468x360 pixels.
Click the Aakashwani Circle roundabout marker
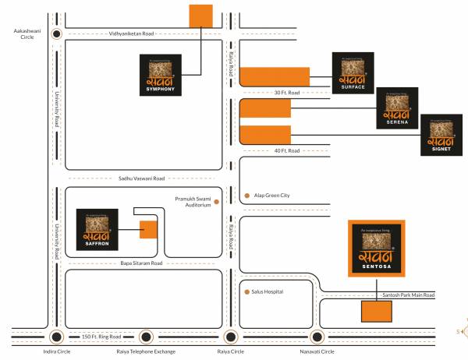click(x=56, y=34)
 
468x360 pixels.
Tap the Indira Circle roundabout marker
click(x=56, y=337)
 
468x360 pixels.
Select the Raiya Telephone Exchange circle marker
click(x=145, y=337)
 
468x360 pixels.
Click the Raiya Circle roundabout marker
click(x=230, y=337)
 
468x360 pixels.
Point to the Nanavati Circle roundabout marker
click(x=316, y=337)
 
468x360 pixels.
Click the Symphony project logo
click(x=161, y=76)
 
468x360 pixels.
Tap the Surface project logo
click(x=353, y=72)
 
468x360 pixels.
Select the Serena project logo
click(x=397, y=109)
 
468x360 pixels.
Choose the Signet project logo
click(x=441, y=135)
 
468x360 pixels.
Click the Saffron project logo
click(x=97, y=230)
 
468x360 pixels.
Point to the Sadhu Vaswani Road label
click(x=141, y=178)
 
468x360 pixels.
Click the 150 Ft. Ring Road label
click(x=105, y=337)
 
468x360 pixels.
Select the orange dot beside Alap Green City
click(x=246, y=195)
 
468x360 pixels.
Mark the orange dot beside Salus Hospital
click(x=246, y=292)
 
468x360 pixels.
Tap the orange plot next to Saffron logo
click(x=147, y=230)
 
